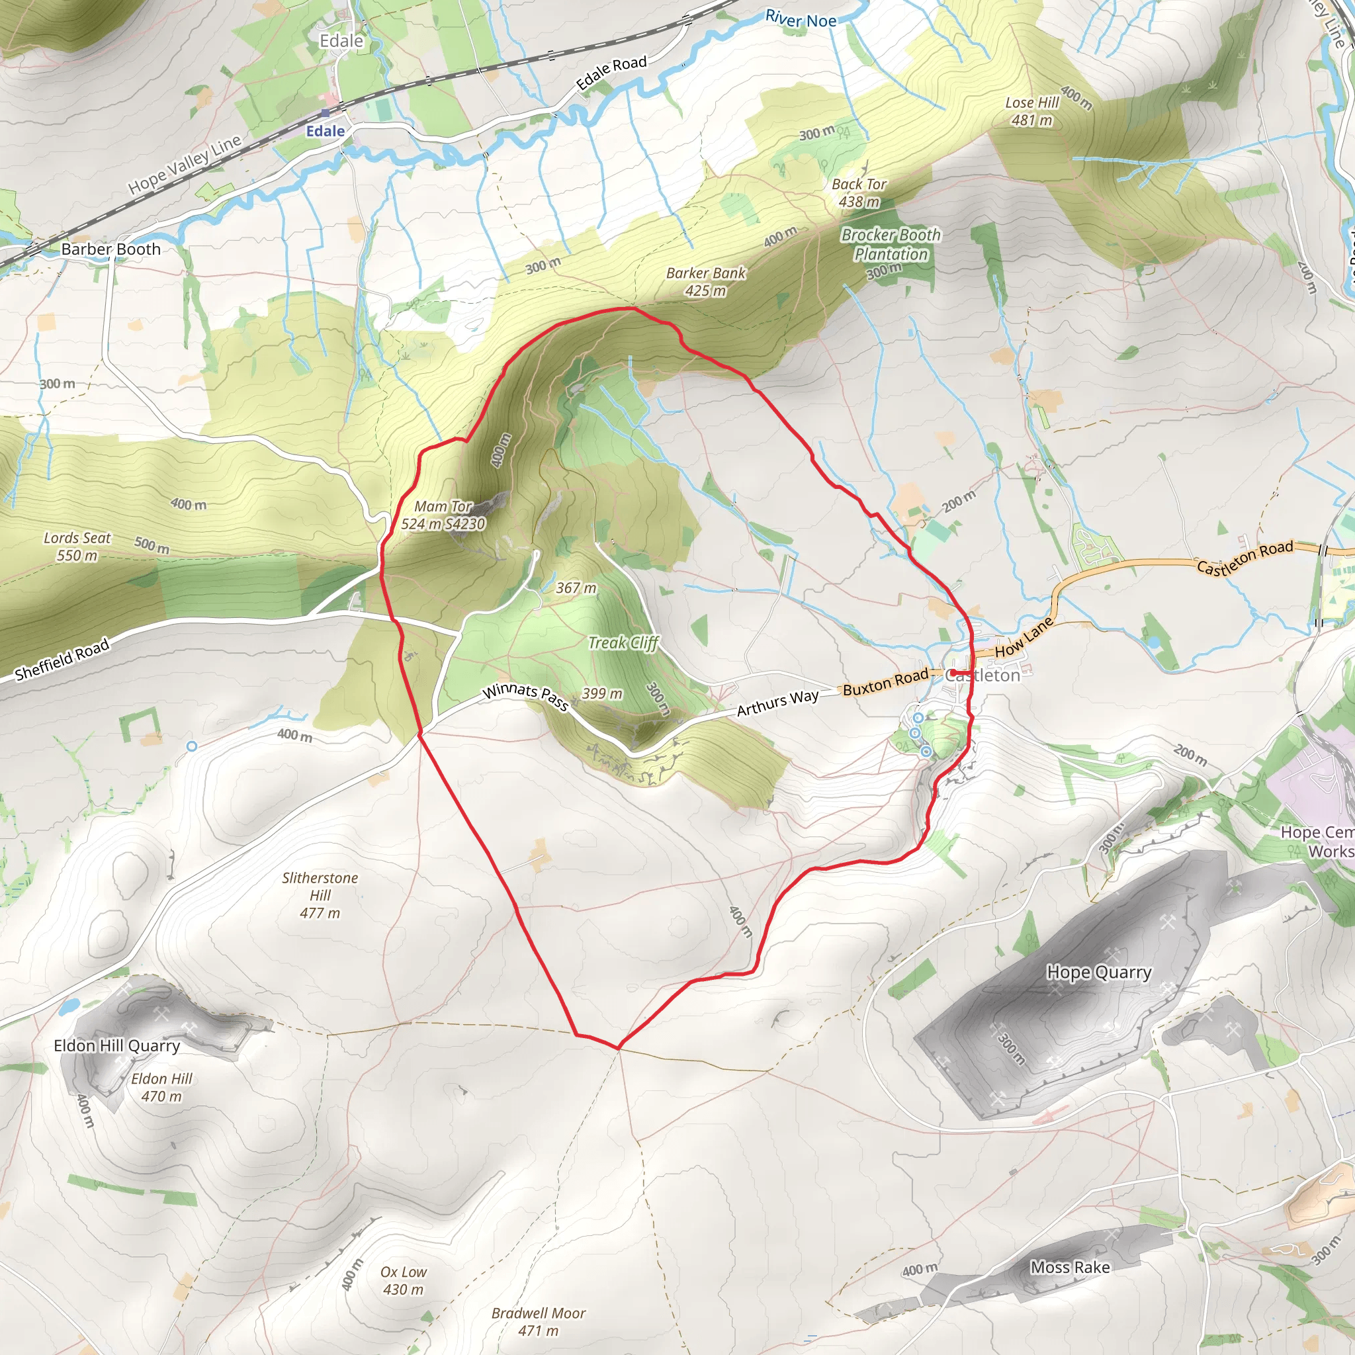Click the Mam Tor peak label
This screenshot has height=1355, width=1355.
click(443, 515)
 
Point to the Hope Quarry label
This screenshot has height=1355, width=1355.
click(1099, 972)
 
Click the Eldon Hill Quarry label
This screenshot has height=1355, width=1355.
click(117, 1046)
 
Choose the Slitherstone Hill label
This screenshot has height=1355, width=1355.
click(320, 895)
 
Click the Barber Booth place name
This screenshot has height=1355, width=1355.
click(110, 249)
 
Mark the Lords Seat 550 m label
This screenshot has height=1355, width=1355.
click(77, 546)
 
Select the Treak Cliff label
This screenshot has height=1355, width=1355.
click(623, 642)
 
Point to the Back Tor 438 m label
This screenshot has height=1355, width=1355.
click(859, 193)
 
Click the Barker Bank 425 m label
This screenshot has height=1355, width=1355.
click(705, 281)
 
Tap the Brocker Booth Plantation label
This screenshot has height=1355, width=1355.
click(891, 245)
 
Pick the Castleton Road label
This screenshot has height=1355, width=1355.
click(1245, 558)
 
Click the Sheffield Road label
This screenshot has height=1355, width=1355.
click(62, 659)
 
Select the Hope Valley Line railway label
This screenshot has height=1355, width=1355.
click(185, 165)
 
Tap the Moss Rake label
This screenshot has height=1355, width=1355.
click(1070, 1267)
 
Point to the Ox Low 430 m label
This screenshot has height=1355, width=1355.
click(404, 1280)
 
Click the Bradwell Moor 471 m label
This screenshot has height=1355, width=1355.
click(538, 1321)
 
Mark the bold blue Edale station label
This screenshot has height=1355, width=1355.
click(326, 131)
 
